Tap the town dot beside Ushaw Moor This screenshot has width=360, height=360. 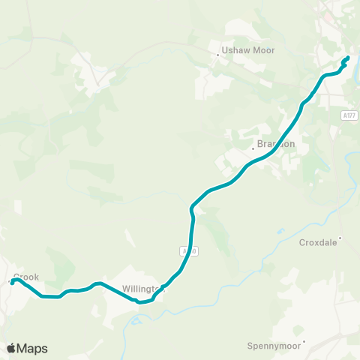216,54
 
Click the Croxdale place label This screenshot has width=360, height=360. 319,242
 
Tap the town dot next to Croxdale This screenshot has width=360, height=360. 340,239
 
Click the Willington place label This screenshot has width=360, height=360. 141,288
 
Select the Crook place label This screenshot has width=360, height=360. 26,277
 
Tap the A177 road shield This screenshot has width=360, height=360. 347,115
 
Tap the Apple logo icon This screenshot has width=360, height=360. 11,348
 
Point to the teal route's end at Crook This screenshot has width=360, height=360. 13,282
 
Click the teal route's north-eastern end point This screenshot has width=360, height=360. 347,58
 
